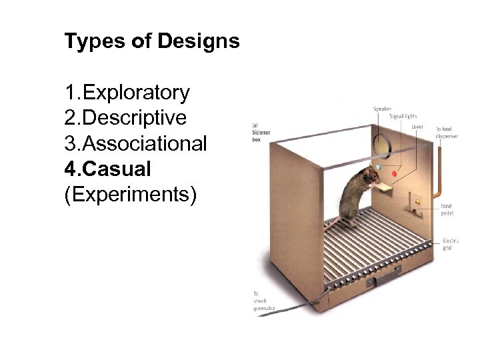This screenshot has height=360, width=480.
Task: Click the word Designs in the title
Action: pyautogui.click(x=199, y=42)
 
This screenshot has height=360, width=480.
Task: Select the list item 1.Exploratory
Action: pyautogui.click(x=127, y=92)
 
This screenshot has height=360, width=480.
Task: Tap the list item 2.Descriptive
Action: pyautogui.click(x=125, y=117)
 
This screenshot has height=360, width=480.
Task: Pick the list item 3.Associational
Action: pyautogui.click(x=135, y=143)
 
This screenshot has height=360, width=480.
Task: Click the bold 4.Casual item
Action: pyautogui.click(x=107, y=169)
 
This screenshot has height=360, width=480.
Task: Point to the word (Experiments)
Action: pyautogui.click(x=130, y=195)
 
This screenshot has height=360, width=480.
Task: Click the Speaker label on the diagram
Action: pyautogui.click(x=382, y=109)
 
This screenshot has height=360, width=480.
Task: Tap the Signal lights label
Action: pyautogui.click(x=404, y=117)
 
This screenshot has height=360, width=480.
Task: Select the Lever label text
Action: pyautogui.click(x=417, y=126)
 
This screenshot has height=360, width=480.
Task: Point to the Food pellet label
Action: pyautogui.click(x=446, y=210)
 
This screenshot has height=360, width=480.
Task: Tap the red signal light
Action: pyautogui.click(x=394, y=174)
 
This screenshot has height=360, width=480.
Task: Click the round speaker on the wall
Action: pyautogui.click(x=381, y=145)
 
